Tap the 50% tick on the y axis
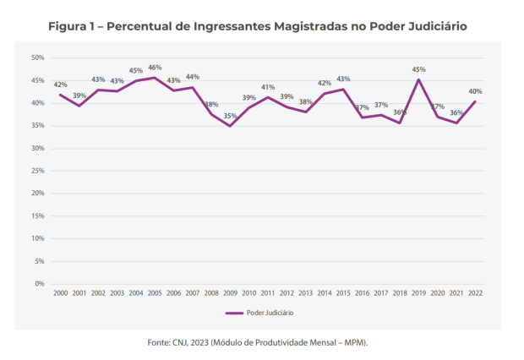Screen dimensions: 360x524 (x=37, y=57)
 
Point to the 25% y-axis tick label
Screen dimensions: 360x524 (x=37, y=171)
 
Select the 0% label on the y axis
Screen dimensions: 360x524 (x=39, y=284)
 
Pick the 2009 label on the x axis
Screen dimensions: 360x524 (x=229, y=292)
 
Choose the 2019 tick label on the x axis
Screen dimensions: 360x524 (x=418, y=292)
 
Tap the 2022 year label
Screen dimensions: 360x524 (x=476, y=292)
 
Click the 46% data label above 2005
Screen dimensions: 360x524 (x=155, y=68)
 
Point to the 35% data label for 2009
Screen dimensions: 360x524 (x=230, y=116)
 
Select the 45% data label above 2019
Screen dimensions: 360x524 (x=419, y=70)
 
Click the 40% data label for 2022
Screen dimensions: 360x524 (x=476, y=91)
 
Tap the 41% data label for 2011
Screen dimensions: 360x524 (x=268, y=87)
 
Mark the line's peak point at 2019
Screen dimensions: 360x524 (x=419, y=79)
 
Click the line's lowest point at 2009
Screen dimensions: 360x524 (x=230, y=126)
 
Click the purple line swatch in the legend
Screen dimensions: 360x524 (x=235, y=313)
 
